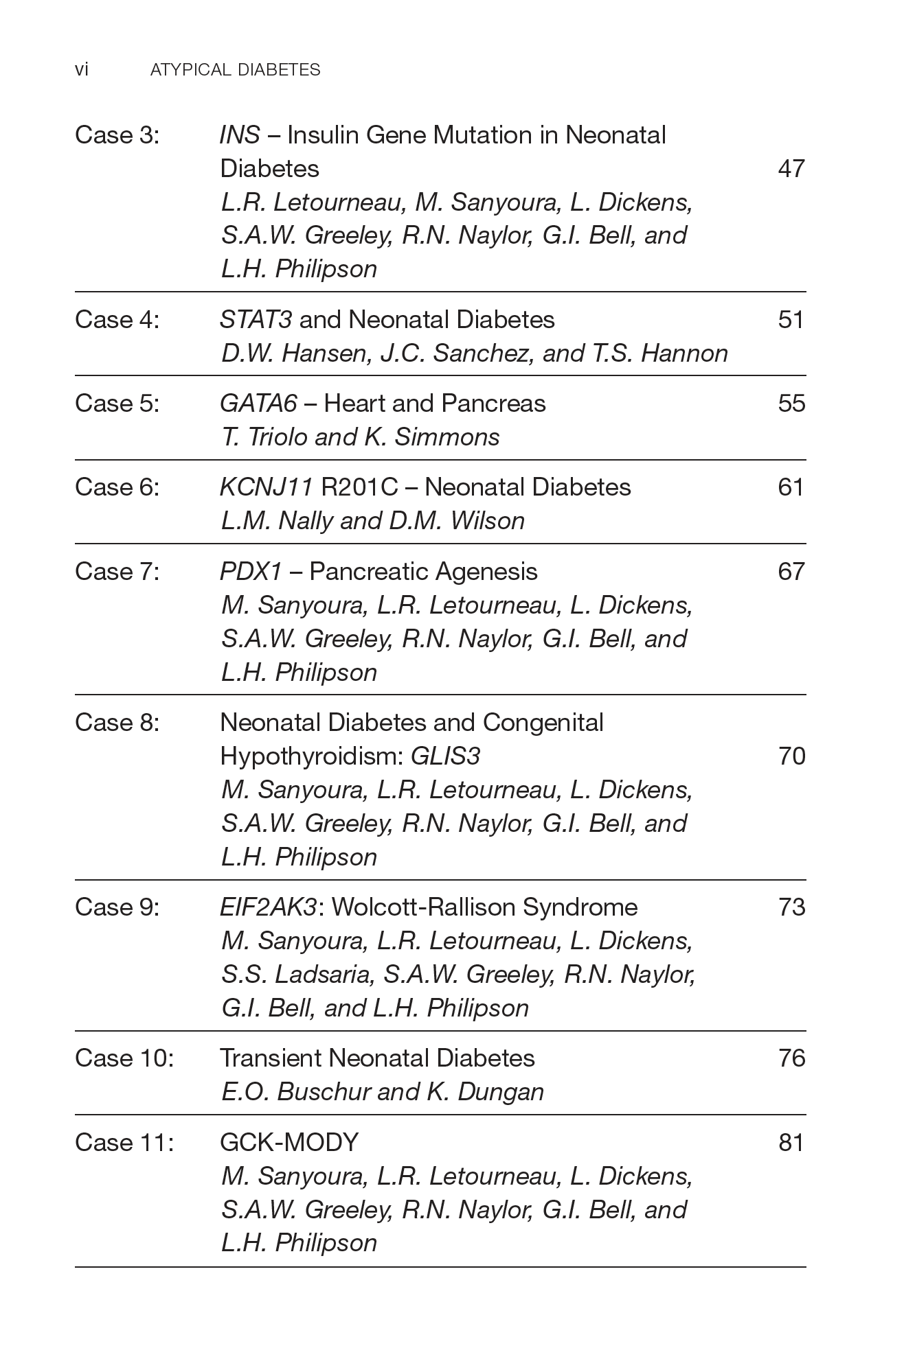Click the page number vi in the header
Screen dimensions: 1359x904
click(81, 69)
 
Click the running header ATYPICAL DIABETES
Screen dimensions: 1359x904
click(235, 69)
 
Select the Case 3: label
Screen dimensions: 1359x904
click(117, 135)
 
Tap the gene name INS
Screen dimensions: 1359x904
click(240, 135)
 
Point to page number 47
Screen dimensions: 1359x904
click(791, 168)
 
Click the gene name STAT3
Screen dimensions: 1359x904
click(256, 319)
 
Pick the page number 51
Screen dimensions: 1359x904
click(791, 319)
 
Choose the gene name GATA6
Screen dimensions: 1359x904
click(258, 403)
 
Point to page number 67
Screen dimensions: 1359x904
click(791, 571)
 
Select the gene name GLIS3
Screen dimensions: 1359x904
click(445, 756)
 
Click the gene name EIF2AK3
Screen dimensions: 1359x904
click(268, 907)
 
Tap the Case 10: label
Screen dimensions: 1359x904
click(124, 1058)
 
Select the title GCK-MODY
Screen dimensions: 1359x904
click(289, 1142)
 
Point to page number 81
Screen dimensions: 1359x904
click(791, 1142)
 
